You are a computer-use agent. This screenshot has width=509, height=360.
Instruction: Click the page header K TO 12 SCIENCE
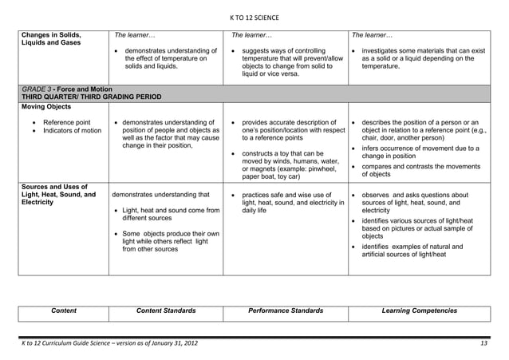tap(254, 18)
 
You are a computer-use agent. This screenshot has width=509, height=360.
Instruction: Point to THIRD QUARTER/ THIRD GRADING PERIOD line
tap(92, 97)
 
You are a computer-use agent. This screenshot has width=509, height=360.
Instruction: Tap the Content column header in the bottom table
tap(64, 310)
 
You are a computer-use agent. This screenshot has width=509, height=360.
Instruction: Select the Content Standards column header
tap(166, 310)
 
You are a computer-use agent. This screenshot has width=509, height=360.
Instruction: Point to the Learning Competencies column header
tap(420, 310)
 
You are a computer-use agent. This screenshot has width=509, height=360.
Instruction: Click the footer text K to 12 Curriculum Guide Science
tap(109, 343)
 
